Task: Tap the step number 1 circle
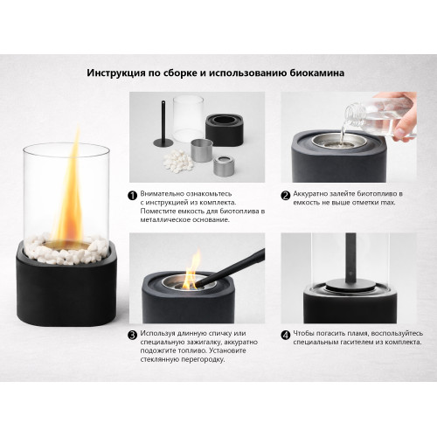point(133,197)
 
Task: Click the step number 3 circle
point(133,334)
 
